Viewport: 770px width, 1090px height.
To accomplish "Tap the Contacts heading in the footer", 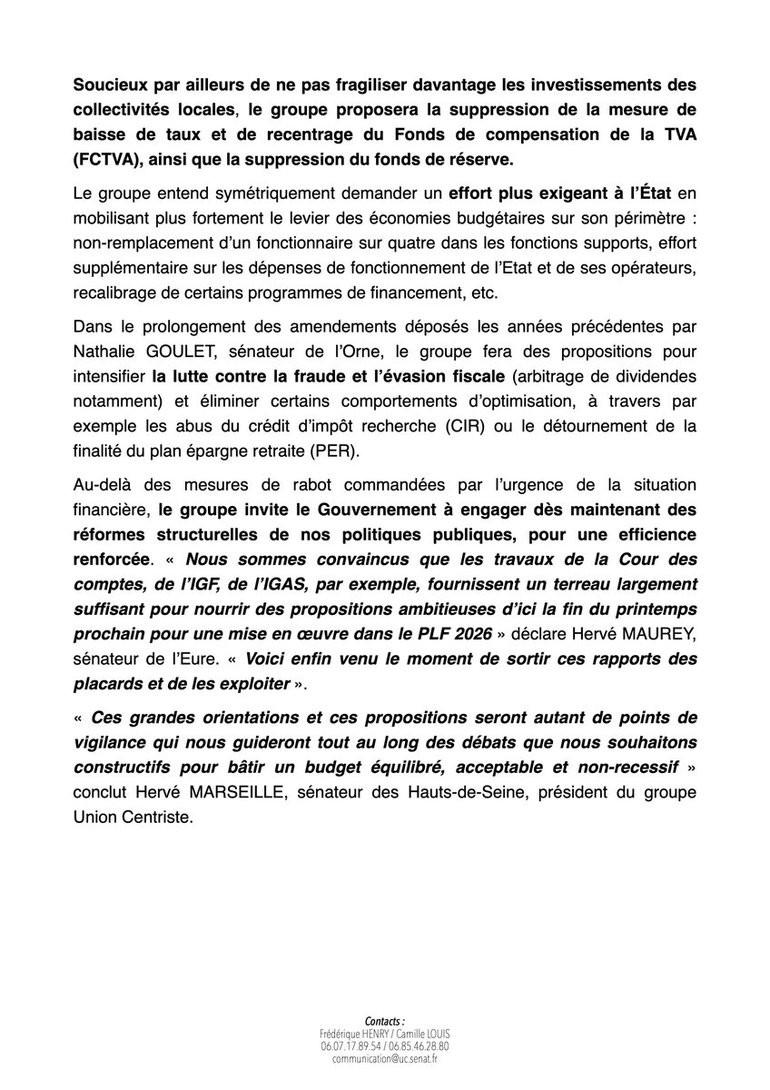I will pos(384,1021).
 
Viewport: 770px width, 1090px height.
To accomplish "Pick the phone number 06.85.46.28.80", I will pos(420,1046).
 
